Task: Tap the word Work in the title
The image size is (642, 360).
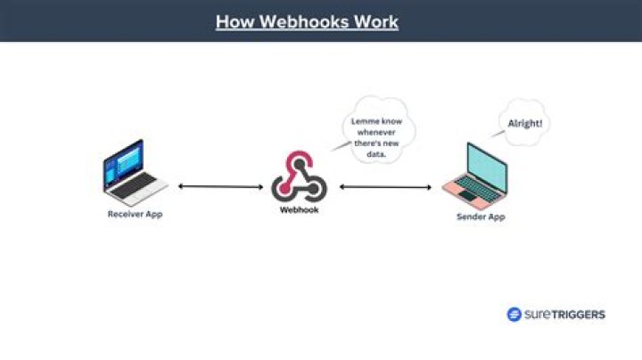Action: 376,21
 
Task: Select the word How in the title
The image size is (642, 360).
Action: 235,21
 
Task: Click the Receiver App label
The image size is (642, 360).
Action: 136,214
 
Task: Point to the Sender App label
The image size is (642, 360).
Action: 481,217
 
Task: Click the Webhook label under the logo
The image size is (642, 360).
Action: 299,210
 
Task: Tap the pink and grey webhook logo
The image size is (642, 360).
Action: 300,176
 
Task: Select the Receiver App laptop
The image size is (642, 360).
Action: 135,173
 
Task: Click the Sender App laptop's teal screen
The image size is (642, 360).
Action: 487,168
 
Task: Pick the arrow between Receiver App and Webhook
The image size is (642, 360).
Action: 221,187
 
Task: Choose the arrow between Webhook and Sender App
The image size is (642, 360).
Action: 385,187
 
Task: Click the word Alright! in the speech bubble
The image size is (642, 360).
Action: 525,123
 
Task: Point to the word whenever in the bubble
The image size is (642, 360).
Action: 376,133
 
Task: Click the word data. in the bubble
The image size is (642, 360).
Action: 376,154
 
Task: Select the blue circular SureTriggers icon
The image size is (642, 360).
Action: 514,315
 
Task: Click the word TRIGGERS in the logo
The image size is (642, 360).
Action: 578,315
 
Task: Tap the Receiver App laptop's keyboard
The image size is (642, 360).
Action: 134,185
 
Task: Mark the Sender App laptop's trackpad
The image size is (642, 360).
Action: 468,196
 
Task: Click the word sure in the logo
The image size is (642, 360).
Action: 537,315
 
